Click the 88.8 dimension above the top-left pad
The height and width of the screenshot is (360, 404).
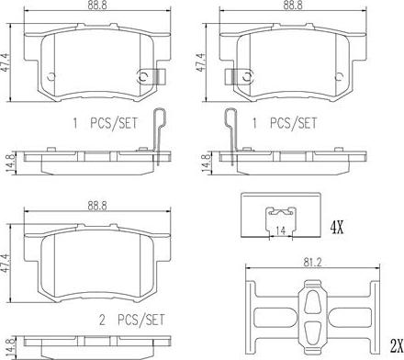pos(97,6)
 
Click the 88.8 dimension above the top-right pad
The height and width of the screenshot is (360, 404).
pos(293,6)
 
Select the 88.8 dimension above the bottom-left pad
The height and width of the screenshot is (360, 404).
pos(97,206)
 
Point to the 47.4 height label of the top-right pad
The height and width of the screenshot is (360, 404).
pos(201,62)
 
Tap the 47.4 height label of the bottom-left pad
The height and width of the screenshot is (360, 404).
pos(5,263)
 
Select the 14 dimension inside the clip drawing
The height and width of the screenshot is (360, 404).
pos(281,231)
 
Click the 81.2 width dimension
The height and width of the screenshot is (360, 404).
pos(313,263)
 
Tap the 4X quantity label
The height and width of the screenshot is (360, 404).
pos(337,228)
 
